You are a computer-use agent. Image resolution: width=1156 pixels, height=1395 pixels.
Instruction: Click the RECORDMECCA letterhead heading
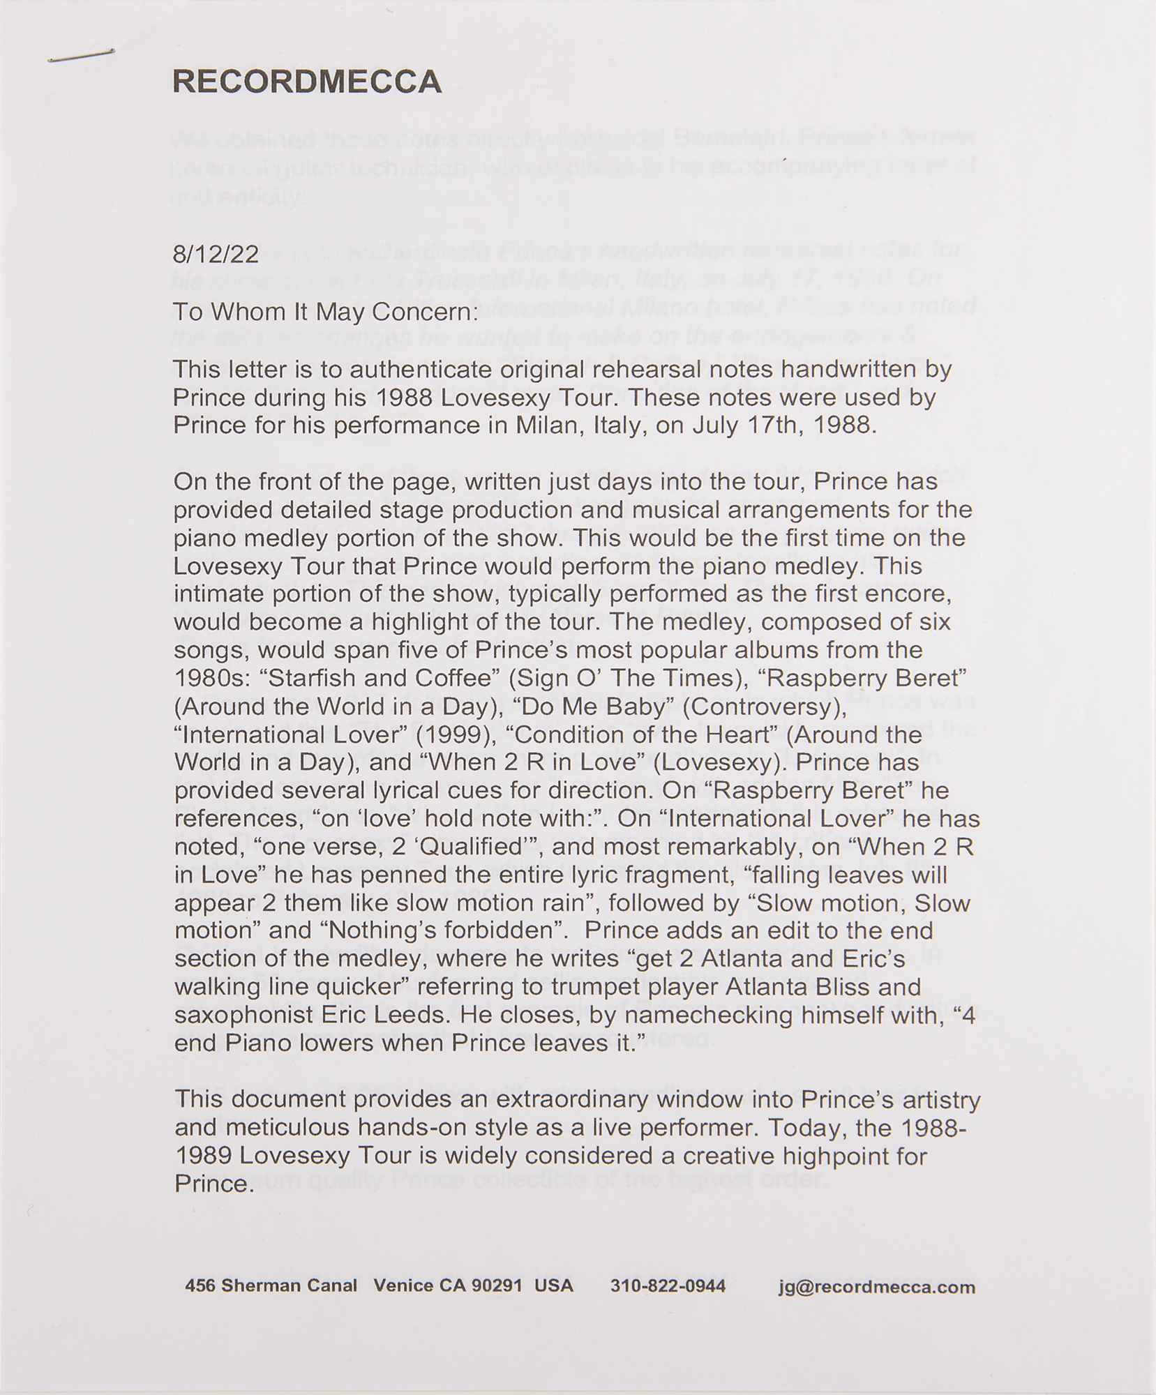(x=307, y=82)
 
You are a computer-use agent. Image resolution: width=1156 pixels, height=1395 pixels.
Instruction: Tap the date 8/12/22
(x=216, y=253)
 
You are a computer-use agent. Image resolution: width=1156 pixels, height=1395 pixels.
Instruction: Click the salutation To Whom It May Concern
(x=326, y=312)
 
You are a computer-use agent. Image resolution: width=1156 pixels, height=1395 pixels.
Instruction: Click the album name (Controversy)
(x=764, y=707)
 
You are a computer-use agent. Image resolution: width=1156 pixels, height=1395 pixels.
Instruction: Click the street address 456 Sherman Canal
(x=271, y=1286)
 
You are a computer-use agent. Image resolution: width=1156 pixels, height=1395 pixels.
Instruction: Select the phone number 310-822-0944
(x=668, y=1286)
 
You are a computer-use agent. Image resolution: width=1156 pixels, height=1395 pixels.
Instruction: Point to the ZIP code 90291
(x=497, y=1286)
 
